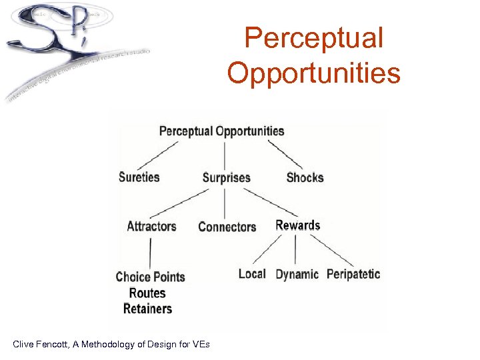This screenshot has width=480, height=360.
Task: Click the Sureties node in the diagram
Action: click(139, 177)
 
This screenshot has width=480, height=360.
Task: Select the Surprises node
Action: click(227, 178)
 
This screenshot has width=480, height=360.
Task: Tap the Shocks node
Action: click(305, 178)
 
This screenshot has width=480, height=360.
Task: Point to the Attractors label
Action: click(151, 226)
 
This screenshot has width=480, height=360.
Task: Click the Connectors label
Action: click(227, 227)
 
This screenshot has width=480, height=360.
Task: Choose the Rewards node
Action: click(298, 225)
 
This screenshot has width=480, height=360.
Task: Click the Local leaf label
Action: click(252, 274)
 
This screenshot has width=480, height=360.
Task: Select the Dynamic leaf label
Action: click(297, 275)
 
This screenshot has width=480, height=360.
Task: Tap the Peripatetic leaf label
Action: click(353, 274)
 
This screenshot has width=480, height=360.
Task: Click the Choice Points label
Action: click(150, 277)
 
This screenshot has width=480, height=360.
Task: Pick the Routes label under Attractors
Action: click(147, 293)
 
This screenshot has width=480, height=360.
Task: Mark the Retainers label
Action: click(147, 309)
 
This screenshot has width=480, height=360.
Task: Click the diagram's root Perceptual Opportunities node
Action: click(222, 131)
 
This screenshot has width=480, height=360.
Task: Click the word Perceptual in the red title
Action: click(313, 38)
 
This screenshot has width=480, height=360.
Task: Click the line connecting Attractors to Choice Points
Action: click(150, 252)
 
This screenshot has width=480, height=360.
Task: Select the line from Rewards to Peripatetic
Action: click(331, 251)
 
